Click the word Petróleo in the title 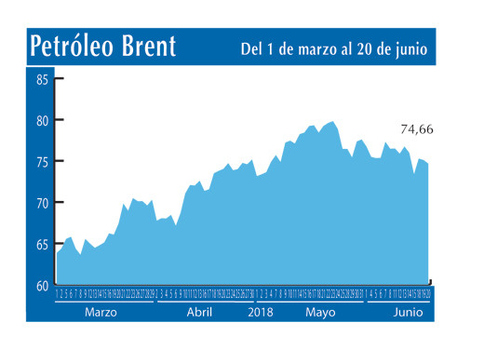coord(73,47)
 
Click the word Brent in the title coord(147,47)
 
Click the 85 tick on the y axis coord(43,79)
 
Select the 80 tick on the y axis coord(43,120)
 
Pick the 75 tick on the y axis coord(43,161)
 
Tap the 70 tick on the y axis coord(43,202)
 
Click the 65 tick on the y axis coord(43,244)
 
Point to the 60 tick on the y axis coord(43,285)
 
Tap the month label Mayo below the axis coord(321,313)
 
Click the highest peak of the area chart coord(332,122)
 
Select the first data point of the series coord(58,253)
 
